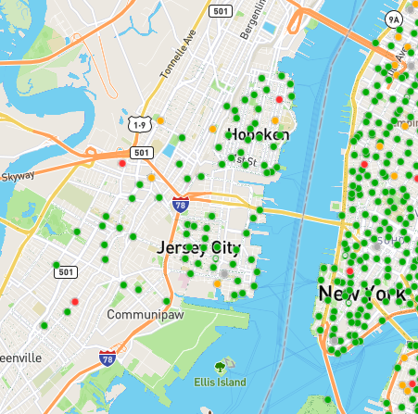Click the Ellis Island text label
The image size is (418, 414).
point(220,382)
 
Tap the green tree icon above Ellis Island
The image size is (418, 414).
point(220,366)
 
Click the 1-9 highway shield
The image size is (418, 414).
point(140,123)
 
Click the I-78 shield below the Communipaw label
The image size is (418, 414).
point(108,356)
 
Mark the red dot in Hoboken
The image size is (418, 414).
point(279,98)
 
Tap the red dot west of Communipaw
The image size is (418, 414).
point(73,301)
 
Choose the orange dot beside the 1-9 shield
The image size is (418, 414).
point(159,120)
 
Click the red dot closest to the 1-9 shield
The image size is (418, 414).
point(121,163)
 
